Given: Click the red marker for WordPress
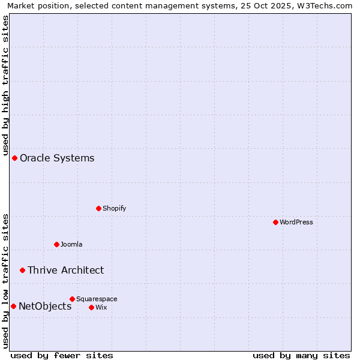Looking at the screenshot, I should pos(275,222).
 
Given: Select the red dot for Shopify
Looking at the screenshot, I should pos(99,208).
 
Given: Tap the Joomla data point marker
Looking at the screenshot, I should pos(57,244).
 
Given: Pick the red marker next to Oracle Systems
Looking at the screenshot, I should pos(15,158).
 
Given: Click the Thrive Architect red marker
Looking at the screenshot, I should pos(23,270).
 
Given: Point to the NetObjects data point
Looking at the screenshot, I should pos(13,306).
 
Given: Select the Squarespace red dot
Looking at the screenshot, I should pos(73,299).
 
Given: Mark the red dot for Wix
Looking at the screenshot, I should pos(91,307).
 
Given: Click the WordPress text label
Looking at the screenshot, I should pos(296,222).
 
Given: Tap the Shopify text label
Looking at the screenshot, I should pos(115,208).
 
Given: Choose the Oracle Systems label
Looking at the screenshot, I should pos(57,158).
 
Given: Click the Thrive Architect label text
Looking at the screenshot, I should pos(65,270).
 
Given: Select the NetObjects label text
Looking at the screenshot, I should pos(45,306).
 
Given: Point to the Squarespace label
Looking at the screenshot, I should pos(97,299).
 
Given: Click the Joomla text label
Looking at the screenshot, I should pos(71,244).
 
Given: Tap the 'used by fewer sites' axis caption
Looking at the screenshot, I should pos(62,356).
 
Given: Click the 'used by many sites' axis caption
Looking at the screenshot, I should pos(301,356).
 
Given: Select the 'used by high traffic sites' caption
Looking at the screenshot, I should pos(5,83).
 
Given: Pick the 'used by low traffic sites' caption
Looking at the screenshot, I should pos(5,281).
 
